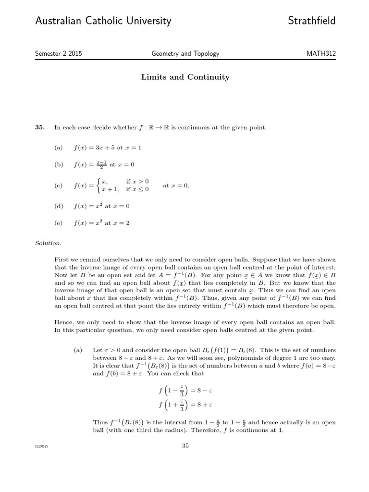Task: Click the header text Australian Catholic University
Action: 103,21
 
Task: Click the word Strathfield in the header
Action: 312,21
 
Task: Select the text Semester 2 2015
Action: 59,54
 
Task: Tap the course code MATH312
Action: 321,54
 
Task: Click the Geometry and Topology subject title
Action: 185,54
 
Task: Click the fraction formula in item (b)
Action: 91,164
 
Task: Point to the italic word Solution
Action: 49,243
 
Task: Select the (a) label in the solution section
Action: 78,351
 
